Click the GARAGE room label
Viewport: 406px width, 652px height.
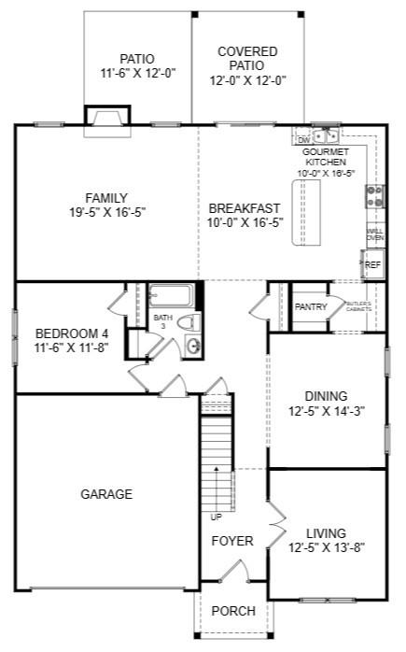click(105, 495)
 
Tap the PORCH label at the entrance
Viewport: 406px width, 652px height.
click(233, 611)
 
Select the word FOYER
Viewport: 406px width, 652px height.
click(232, 542)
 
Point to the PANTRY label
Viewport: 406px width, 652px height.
click(310, 306)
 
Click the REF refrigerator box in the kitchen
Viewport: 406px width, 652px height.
click(372, 265)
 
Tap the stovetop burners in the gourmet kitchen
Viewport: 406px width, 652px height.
click(374, 196)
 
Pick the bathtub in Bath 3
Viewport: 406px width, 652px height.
click(169, 296)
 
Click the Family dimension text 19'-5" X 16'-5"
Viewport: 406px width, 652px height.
click(106, 213)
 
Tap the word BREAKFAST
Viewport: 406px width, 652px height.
click(245, 207)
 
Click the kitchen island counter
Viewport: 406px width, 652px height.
click(305, 213)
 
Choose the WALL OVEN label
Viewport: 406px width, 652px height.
click(374, 234)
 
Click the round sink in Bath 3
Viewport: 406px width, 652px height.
click(194, 347)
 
